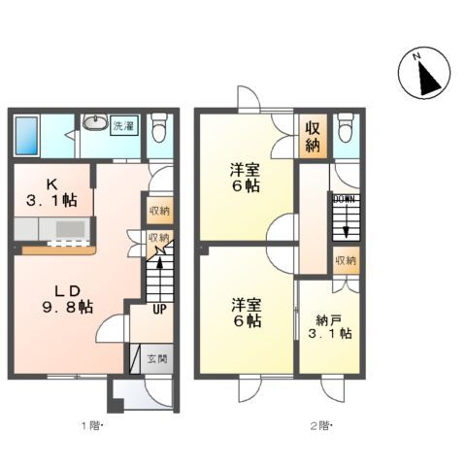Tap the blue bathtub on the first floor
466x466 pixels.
(x=27, y=136)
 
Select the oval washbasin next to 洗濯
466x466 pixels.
(x=95, y=123)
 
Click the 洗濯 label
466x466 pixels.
(x=123, y=125)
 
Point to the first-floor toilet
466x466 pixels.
(x=159, y=127)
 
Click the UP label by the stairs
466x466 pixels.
(x=159, y=310)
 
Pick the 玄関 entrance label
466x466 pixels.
(x=157, y=358)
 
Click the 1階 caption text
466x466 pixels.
(x=92, y=424)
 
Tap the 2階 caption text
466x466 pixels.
(x=321, y=424)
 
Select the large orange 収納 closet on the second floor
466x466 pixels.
(x=313, y=137)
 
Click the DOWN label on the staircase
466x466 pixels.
(x=345, y=200)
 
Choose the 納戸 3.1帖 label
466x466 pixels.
(x=331, y=325)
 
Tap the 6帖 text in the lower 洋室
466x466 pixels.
(x=246, y=319)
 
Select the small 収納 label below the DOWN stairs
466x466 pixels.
(x=345, y=260)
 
